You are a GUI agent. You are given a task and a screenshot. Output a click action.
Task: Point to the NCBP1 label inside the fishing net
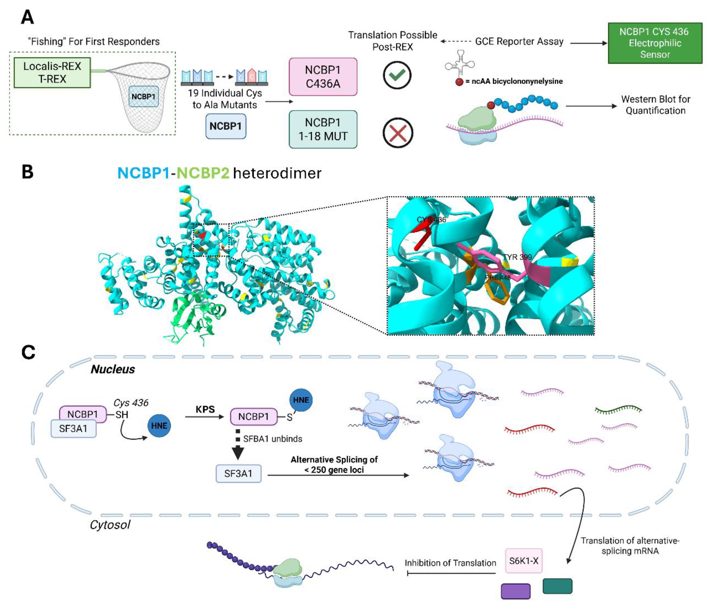143,96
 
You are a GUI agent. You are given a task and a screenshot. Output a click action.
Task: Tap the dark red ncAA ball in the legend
459,82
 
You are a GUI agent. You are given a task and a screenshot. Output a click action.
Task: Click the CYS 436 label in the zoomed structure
431,220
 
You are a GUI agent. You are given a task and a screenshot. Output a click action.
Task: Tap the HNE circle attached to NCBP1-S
301,400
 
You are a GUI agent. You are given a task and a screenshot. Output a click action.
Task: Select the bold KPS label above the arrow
205,409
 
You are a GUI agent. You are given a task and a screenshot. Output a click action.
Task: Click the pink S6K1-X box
523,561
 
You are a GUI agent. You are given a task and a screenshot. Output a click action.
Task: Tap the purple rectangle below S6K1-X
515,591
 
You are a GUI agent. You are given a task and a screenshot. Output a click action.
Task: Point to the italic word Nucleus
113,369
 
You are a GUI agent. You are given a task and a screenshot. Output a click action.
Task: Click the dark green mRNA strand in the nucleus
618,409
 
